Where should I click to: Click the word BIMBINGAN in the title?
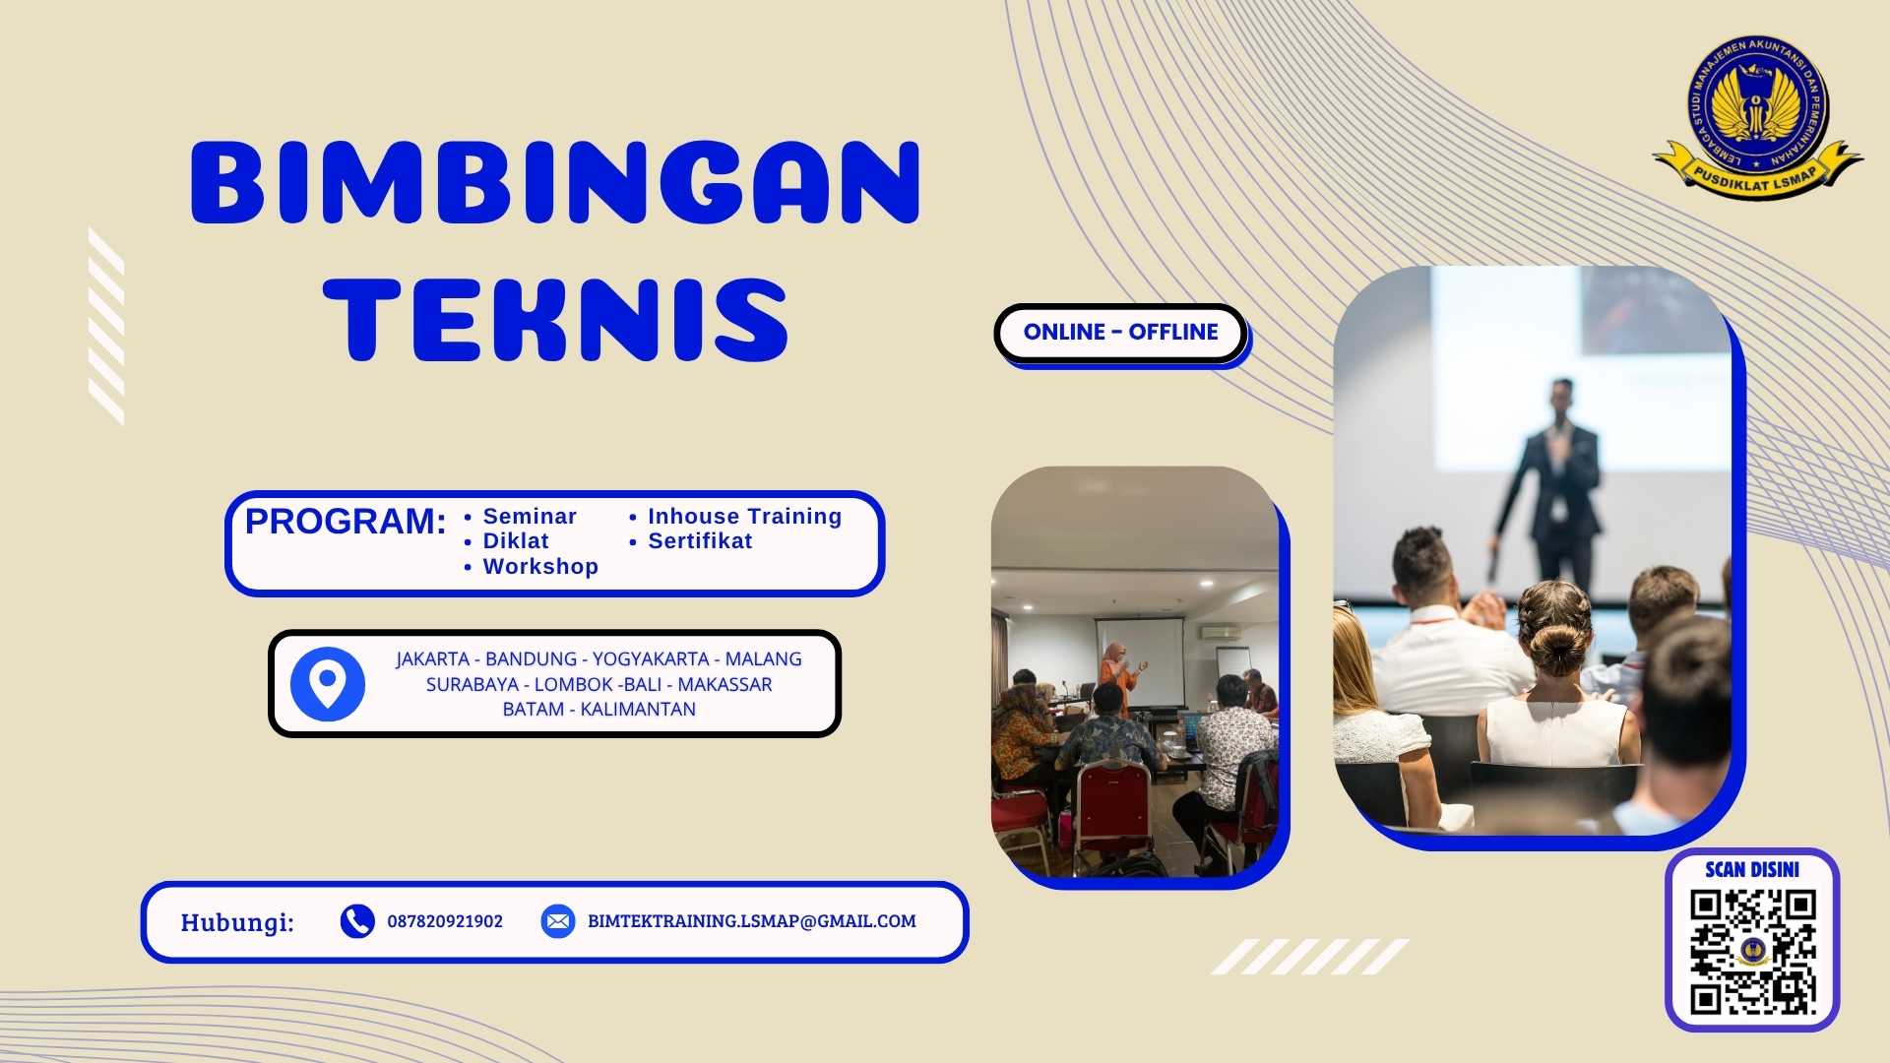(555, 183)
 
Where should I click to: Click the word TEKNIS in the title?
(555, 320)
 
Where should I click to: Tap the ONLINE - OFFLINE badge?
(1120, 333)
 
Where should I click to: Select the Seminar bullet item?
(529, 517)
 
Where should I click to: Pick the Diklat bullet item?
(515, 541)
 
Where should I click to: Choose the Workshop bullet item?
(539, 567)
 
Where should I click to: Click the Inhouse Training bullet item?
(744, 517)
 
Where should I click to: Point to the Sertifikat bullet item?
(699, 541)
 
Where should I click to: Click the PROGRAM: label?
(346, 522)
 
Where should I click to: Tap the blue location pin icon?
(328, 683)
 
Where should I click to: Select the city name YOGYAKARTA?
(650, 659)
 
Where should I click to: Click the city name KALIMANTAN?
(638, 710)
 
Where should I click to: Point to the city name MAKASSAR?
(724, 685)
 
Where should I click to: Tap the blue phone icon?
(357, 921)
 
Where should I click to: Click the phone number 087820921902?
(445, 922)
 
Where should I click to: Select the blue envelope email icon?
(558, 921)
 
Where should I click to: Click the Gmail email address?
(751, 922)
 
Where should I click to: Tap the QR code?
(1752, 952)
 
